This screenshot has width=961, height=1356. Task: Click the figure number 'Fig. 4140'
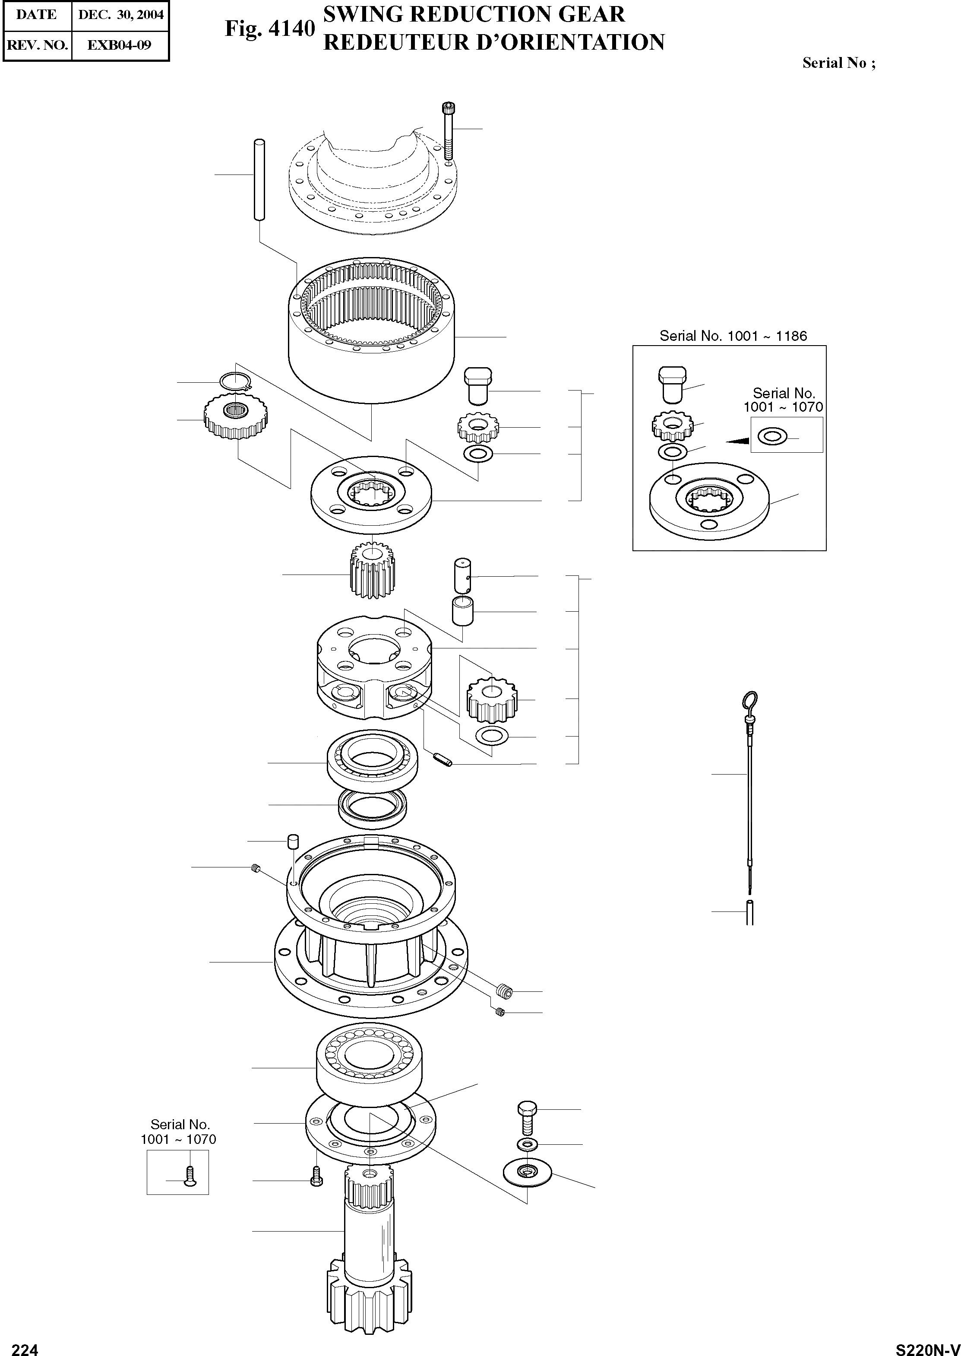point(269,29)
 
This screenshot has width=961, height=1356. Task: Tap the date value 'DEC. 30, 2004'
point(121,15)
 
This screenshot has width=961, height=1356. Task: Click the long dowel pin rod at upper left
point(259,179)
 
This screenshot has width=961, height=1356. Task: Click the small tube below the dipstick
point(750,912)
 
